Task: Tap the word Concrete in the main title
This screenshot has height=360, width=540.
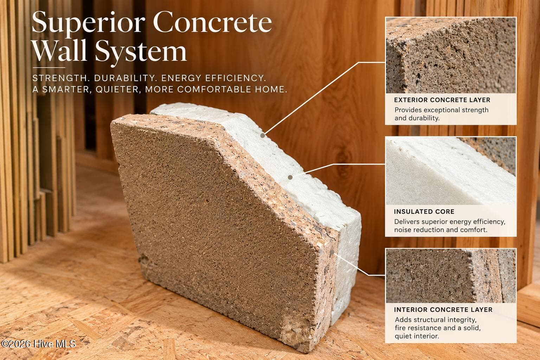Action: coord(212,22)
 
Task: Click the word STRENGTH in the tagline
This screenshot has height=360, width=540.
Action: coord(59,78)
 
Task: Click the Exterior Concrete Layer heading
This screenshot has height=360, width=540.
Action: coord(442,100)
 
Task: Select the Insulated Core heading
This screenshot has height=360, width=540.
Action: coord(424,212)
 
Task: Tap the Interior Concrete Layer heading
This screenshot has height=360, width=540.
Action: coord(443,310)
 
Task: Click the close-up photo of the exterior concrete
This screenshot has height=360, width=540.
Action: coord(451,55)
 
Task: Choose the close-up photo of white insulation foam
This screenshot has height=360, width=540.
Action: coord(451,171)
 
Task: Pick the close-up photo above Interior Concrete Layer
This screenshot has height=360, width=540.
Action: coord(451,276)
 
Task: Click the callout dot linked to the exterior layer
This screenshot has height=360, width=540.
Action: coord(263,135)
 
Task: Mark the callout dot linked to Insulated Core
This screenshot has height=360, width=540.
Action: coord(290,177)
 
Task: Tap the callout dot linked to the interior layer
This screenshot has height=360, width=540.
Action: coord(332,252)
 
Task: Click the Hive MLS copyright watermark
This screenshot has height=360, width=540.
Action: coord(38,343)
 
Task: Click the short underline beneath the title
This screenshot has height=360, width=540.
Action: coord(49,68)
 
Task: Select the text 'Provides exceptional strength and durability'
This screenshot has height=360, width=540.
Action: coord(442,114)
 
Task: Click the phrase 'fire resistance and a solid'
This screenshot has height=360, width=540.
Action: coord(438,328)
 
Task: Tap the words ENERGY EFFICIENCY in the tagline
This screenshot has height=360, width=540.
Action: coord(214,78)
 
